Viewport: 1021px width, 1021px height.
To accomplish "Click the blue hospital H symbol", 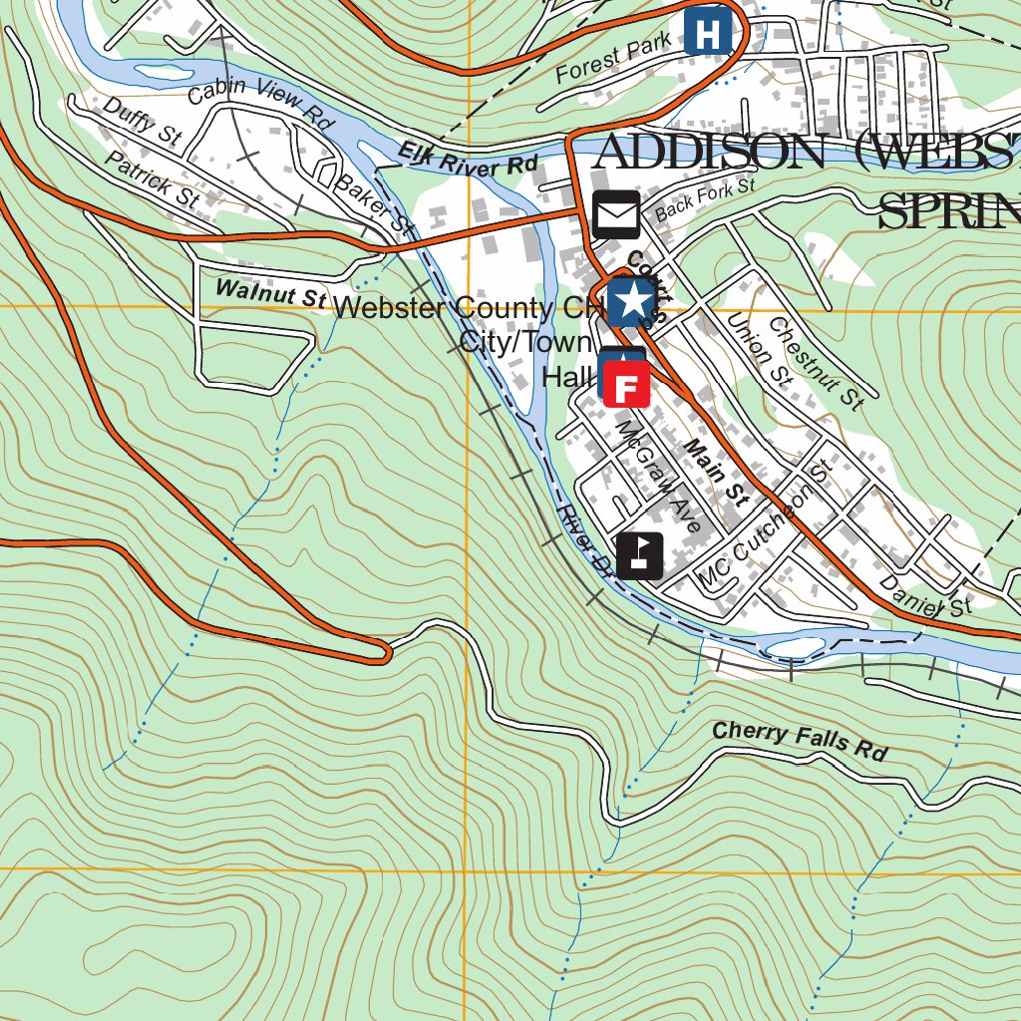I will [x=708, y=33].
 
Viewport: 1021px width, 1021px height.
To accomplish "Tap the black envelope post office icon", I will [x=616, y=214].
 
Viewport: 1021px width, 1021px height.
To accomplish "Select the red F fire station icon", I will [x=627, y=385].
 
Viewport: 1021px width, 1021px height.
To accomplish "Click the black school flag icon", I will [x=639, y=555].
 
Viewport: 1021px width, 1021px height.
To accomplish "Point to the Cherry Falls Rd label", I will [x=799, y=742].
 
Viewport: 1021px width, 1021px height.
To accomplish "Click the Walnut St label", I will [x=271, y=293].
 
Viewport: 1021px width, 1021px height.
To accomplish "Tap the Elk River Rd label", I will [x=469, y=160].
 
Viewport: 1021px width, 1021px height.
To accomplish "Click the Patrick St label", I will [x=152, y=179].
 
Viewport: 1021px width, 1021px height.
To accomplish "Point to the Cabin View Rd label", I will [x=259, y=102].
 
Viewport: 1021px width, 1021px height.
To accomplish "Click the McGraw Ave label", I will [x=659, y=475].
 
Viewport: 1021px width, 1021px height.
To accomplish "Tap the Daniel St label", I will [x=925, y=594].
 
